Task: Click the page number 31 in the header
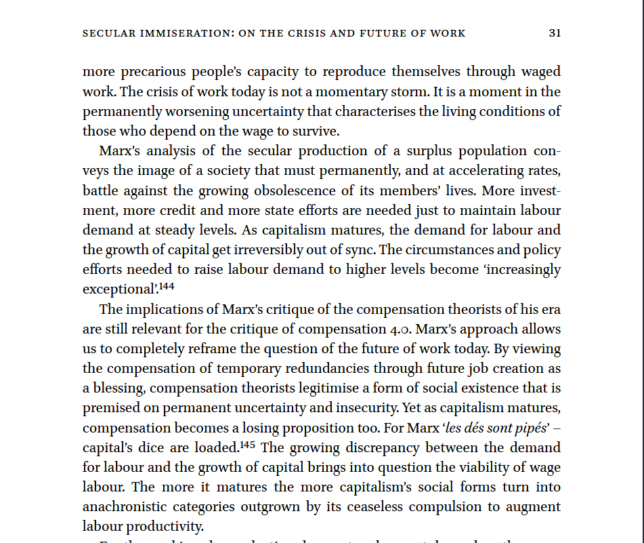click(x=555, y=33)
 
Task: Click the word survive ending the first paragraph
click(x=317, y=131)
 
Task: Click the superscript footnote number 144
click(x=167, y=287)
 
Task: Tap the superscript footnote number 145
click(x=248, y=445)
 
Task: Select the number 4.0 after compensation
click(x=394, y=329)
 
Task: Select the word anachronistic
click(x=124, y=507)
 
